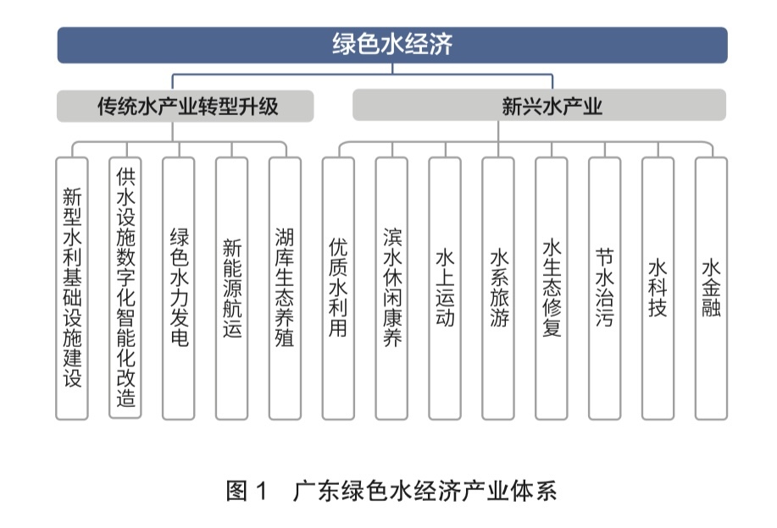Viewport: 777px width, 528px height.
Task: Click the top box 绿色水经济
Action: point(392,45)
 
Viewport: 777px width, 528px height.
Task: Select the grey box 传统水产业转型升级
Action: point(185,106)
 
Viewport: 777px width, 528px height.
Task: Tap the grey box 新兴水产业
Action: point(539,105)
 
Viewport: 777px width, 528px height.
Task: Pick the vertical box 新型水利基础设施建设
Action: point(72,289)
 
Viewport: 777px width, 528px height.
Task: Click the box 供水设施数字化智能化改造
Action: point(125,288)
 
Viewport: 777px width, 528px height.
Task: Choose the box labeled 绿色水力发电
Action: point(179,289)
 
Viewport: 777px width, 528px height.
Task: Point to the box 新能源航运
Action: point(232,289)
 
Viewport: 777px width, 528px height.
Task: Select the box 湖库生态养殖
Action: point(285,289)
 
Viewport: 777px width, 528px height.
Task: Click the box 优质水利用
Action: point(338,289)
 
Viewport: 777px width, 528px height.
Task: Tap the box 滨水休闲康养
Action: point(391,289)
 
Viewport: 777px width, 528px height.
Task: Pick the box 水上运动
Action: point(445,289)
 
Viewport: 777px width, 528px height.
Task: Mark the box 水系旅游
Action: point(498,289)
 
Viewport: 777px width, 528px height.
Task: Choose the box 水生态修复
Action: point(552,289)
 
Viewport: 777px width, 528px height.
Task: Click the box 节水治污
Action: point(604,289)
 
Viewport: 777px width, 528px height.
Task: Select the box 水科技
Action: point(658,289)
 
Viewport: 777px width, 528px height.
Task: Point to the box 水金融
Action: point(711,289)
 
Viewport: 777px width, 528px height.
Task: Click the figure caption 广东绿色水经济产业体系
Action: point(425,491)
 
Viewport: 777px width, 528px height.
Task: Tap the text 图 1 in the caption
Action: point(247,491)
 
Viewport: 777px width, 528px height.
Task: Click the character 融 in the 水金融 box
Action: point(711,308)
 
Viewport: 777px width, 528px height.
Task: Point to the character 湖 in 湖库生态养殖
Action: point(285,237)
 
